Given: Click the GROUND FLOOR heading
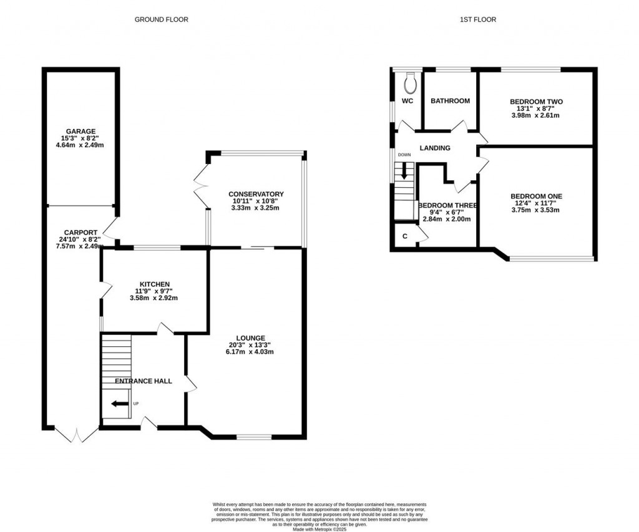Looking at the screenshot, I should [161, 19].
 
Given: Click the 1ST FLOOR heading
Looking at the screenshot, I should [478, 19].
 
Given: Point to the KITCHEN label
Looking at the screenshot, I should [154, 284].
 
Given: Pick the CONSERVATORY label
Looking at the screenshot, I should [256, 194].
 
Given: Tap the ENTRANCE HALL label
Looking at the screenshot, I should [143, 380].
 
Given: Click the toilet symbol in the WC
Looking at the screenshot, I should [410, 82].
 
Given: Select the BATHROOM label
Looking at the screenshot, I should [450, 100].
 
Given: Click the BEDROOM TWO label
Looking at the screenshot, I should [536, 102].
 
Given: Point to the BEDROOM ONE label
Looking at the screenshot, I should [535, 196].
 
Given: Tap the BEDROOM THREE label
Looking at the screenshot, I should [447, 206].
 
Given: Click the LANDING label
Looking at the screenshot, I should [435, 148].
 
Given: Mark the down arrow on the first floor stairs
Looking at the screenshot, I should [404, 171].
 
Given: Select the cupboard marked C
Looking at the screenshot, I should [405, 236].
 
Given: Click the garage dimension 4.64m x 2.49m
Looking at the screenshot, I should [79, 145].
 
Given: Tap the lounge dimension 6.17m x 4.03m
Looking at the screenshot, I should [251, 352].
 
